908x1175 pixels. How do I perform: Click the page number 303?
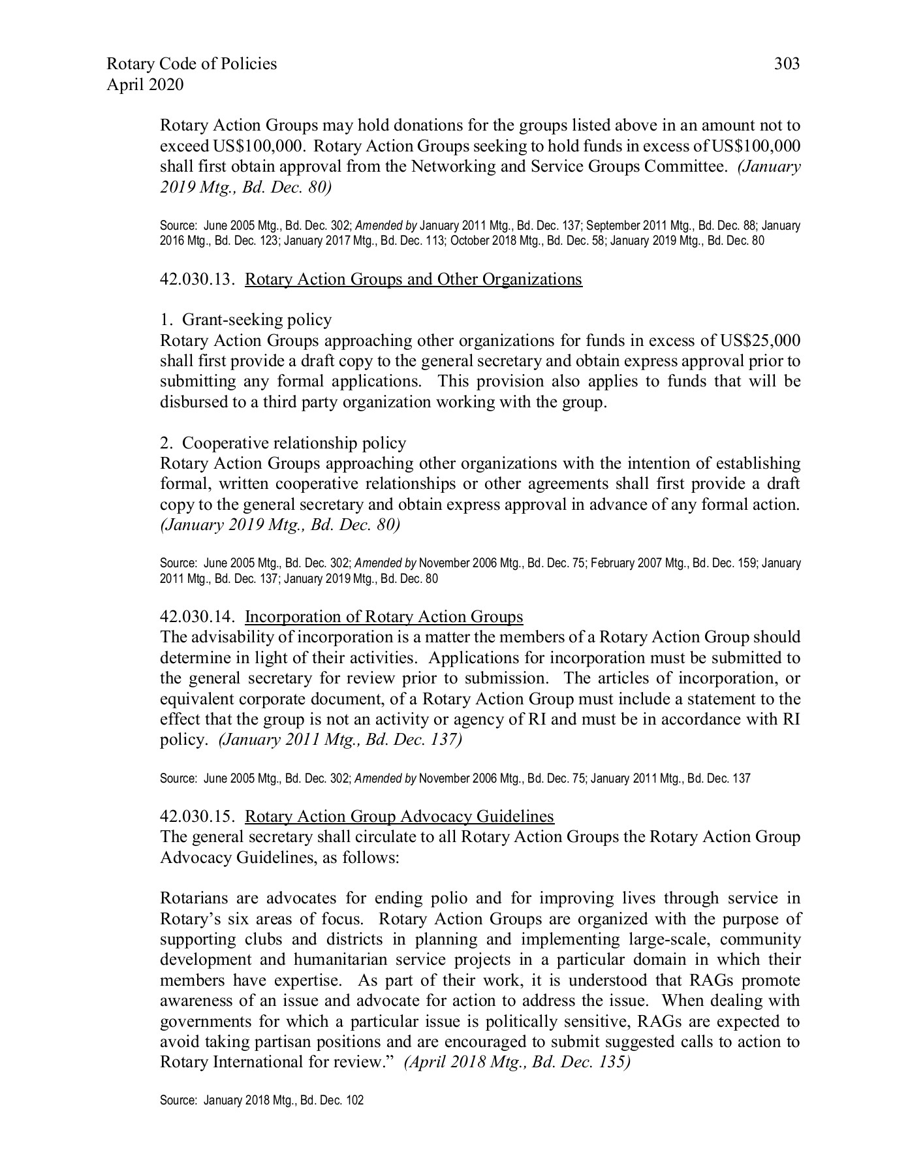pyautogui.click(x=787, y=64)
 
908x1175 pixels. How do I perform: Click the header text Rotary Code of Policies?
pyautogui.click(x=191, y=64)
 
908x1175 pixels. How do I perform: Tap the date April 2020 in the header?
pyautogui.click(x=145, y=85)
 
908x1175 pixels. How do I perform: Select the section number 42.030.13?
pyautogui.click(x=197, y=279)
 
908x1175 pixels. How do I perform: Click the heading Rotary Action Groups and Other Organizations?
pyautogui.click(x=413, y=279)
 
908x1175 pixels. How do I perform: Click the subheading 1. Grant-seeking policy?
pyautogui.click(x=246, y=320)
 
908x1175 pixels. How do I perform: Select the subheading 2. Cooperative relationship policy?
pyautogui.click(x=283, y=443)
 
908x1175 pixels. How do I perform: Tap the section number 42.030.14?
pyautogui.click(x=197, y=617)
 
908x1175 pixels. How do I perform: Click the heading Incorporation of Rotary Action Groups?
pyautogui.click(x=384, y=617)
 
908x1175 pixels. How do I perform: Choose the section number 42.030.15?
pyautogui.click(x=197, y=817)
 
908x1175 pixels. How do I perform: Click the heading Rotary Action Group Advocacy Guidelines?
pyautogui.click(x=399, y=817)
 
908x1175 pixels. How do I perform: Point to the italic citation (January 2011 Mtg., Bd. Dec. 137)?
pyautogui.click(x=341, y=740)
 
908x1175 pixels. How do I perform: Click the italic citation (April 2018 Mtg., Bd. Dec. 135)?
pyautogui.click(x=518, y=1062)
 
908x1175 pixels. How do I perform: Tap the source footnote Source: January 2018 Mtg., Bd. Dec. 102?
pyautogui.click(x=262, y=1101)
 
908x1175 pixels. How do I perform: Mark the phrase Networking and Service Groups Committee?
pyautogui.click(x=569, y=166)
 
